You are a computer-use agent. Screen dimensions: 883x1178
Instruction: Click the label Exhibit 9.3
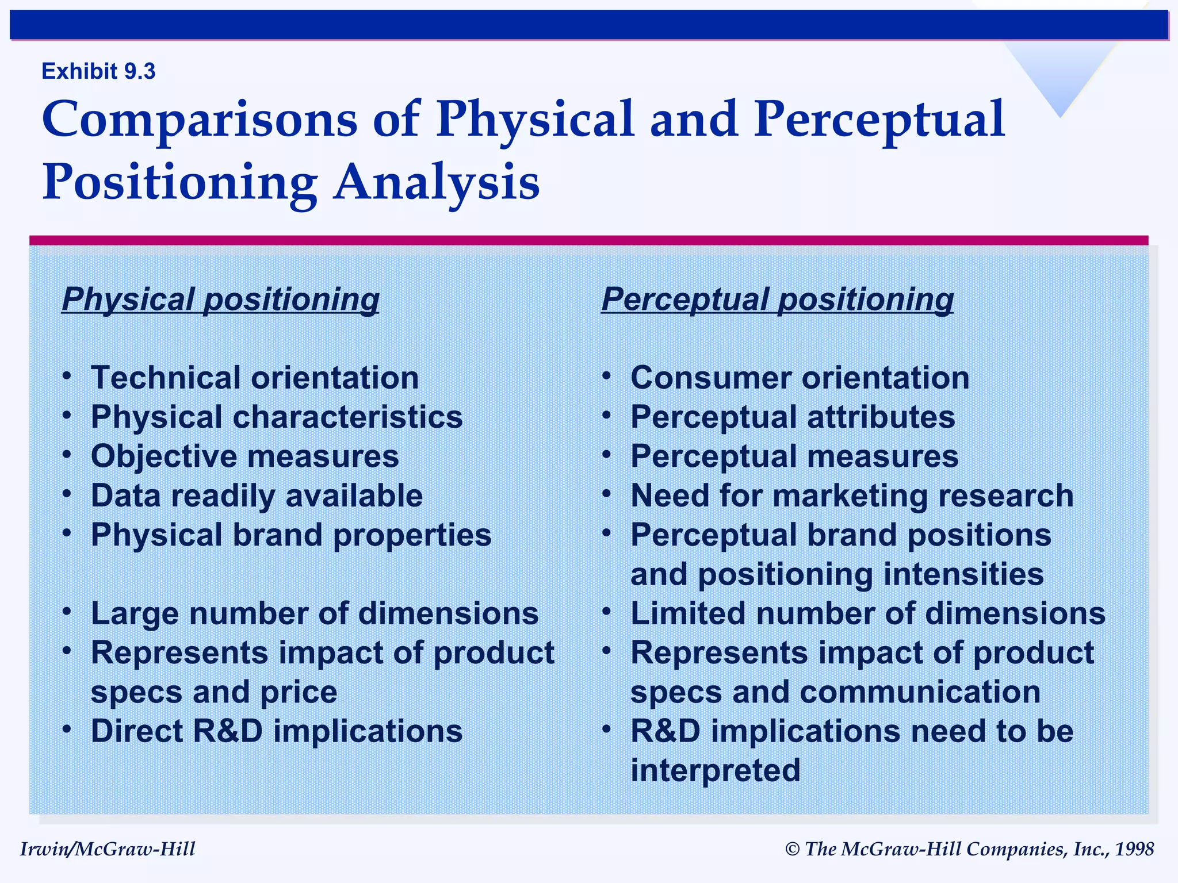coord(98,71)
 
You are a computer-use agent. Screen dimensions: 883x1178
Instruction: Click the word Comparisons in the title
coord(200,120)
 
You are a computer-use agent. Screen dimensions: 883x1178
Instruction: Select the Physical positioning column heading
coord(220,300)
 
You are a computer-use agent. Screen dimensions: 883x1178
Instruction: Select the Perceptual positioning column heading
coord(777,300)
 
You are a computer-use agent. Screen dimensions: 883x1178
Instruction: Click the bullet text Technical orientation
coord(255,378)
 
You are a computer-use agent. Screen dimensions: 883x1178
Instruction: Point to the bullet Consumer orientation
coord(800,378)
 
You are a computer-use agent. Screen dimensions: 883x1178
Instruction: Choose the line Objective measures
coord(244,456)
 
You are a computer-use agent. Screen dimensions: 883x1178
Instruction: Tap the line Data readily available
coord(257,496)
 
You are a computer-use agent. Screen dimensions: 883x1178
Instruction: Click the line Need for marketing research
coord(852,496)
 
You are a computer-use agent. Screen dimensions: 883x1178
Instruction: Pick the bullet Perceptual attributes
coord(793,417)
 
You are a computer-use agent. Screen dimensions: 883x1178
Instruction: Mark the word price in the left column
coord(299,692)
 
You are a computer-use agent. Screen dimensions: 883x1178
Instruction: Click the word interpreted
coord(715,770)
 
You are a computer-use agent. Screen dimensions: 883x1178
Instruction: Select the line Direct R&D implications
coord(277,731)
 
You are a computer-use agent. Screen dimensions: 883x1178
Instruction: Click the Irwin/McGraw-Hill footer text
coord(108,849)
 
